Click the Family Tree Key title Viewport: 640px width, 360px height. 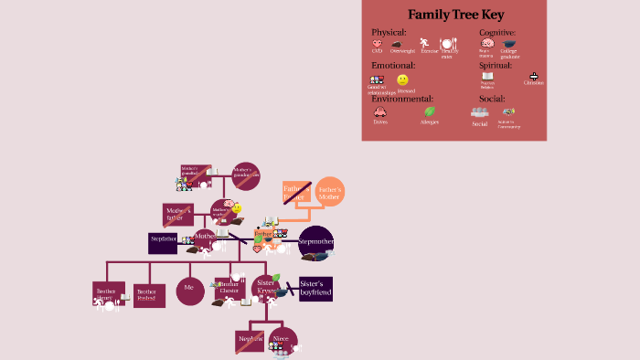click(x=453, y=15)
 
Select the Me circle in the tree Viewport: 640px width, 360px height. click(x=189, y=290)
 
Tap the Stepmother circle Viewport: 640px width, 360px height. click(x=316, y=242)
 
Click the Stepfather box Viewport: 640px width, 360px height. click(x=163, y=242)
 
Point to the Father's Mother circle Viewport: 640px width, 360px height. click(x=329, y=192)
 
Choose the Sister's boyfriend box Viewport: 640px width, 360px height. click(x=315, y=289)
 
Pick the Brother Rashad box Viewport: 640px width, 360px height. click(x=149, y=296)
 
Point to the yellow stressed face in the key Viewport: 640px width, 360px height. click(x=402, y=80)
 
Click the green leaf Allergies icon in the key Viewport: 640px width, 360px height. click(x=429, y=111)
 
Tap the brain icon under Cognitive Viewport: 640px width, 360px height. click(x=487, y=43)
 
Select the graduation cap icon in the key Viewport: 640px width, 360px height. click(x=509, y=43)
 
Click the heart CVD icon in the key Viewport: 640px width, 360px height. click(x=377, y=43)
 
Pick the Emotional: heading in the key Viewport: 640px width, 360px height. click(x=393, y=65)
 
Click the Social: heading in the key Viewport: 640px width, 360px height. click(x=492, y=99)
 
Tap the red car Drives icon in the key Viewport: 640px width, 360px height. click(x=379, y=112)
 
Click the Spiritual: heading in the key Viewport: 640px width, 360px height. click(x=496, y=65)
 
